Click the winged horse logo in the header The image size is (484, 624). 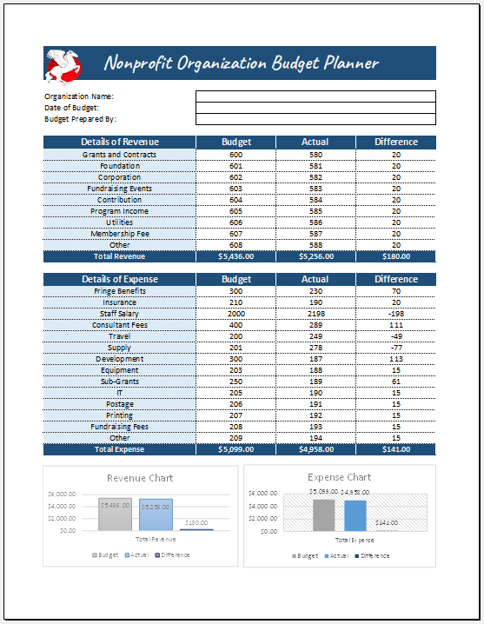(x=63, y=63)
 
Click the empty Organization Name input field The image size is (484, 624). (x=315, y=96)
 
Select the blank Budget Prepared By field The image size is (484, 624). (x=315, y=119)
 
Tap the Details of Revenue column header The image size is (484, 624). (x=119, y=142)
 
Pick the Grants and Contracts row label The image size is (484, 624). (x=119, y=155)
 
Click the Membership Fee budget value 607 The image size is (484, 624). (x=235, y=234)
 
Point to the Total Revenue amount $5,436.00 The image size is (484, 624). (x=235, y=256)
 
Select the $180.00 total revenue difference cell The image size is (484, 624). (x=395, y=256)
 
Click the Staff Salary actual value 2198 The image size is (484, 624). (x=315, y=314)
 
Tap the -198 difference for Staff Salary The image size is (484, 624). (x=395, y=314)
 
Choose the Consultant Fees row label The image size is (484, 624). (x=119, y=325)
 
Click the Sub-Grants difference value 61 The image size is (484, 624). (x=395, y=382)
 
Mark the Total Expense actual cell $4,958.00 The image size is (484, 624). (x=315, y=449)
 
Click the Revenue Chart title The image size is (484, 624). (x=140, y=478)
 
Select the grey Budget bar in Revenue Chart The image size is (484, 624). (x=115, y=514)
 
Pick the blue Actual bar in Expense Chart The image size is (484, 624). (x=355, y=515)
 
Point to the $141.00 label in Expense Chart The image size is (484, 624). (x=388, y=522)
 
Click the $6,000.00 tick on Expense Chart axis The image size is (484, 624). (x=262, y=494)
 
